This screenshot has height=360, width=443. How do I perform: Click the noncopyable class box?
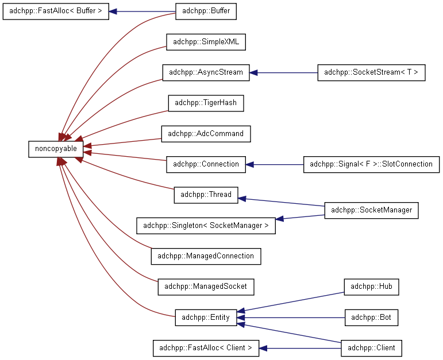tap(56, 149)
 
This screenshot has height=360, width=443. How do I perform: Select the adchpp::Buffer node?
tap(206, 11)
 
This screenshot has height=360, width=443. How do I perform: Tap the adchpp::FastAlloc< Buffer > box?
tap(56, 11)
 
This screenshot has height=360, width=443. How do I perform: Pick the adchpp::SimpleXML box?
tap(206, 42)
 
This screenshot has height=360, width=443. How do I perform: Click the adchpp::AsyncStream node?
tap(206, 72)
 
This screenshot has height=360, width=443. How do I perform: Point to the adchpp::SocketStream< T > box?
tap(371, 72)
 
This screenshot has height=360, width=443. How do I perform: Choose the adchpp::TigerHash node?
tap(206, 103)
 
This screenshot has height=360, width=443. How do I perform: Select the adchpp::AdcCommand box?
tap(206, 134)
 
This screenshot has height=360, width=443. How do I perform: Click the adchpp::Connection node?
tap(206, 164)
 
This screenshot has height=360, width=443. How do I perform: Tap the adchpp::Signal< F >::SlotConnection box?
tap(371, 164)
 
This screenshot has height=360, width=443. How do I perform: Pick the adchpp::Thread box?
tap(206, 195)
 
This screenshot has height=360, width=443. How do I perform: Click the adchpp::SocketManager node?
tap(371, 210)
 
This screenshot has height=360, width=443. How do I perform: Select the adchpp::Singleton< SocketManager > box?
tap(206, 226)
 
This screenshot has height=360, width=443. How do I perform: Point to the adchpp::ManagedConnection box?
tap(206, 257)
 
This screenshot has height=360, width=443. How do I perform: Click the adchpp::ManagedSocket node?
tap(206, 287)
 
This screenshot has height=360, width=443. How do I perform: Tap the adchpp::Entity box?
tap(206, 318)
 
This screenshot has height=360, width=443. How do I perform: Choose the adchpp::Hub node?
tap(371, 287)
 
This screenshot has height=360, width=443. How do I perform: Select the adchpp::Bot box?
tap(371, 318)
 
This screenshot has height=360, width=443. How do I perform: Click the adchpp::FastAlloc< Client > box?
tap(206, 348)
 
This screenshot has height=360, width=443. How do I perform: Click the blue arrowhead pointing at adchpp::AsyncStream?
tap(253, 72)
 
